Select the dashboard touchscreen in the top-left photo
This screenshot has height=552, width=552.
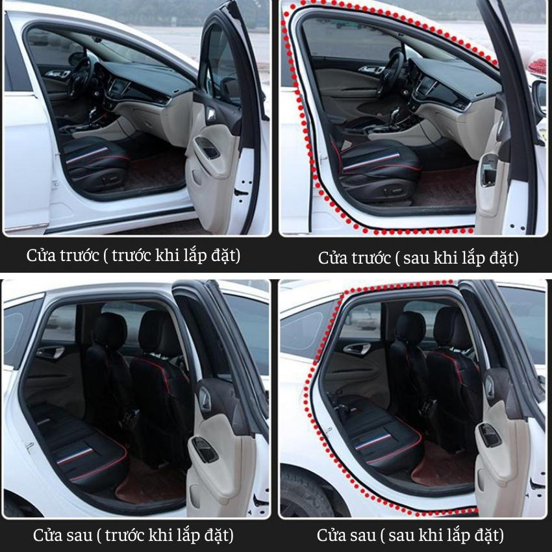[119, 87]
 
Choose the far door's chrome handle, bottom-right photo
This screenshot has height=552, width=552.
[357, 349]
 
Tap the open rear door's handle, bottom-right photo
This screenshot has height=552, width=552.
[490, 435]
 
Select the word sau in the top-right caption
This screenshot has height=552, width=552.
[416, 258]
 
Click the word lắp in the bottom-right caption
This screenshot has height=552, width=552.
[460, 536]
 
